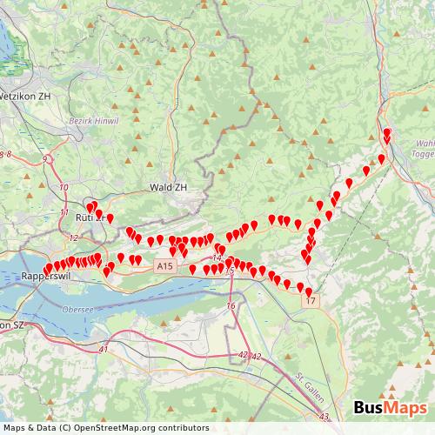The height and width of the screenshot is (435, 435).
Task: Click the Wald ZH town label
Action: (x=169, y=187)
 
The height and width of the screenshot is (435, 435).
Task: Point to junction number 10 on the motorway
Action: (x=64, y=187)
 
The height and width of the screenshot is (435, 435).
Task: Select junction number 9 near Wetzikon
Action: (x=44, y=159)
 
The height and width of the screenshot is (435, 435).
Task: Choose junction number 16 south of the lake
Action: (x=231, y=306)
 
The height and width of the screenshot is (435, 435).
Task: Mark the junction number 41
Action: (x=104, y=349)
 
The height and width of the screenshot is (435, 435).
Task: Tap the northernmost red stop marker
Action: (x=387, y=133)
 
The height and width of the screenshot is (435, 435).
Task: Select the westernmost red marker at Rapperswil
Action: (x=48, y=269)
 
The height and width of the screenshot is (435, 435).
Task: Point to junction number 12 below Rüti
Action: (x=74, y=238)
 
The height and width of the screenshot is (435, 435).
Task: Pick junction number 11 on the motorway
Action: (x=64, y=212)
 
